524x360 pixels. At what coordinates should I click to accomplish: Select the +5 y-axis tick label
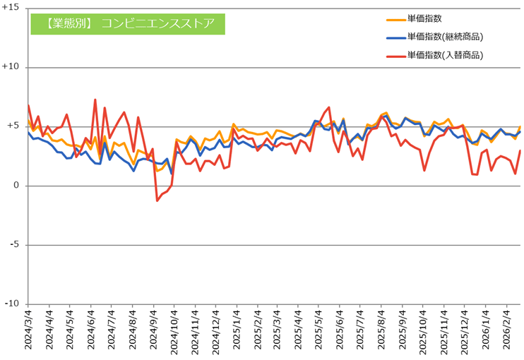16,126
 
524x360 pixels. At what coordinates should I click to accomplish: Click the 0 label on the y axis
20,186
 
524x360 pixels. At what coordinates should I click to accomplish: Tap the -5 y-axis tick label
18,245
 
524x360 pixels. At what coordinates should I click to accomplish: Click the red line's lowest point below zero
157,200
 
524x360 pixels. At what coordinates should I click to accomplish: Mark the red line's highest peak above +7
95,100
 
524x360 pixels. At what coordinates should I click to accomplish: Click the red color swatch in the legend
395,54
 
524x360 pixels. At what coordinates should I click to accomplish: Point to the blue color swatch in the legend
395,37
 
